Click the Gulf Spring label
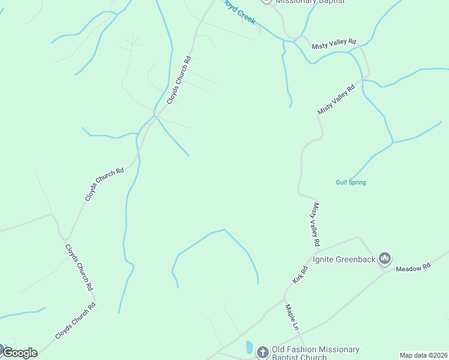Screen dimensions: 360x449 coord(351,182)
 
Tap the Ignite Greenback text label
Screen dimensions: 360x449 coord(344,260)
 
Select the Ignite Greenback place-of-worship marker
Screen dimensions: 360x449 coord(385,259)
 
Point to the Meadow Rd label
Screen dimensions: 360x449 coord(414,268)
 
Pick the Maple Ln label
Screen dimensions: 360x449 coord(291,317)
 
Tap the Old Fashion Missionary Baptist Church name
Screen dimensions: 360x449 coord(316,353)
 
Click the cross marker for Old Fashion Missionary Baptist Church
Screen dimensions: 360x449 coord(262,352)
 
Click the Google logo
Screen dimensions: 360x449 coord(20,353)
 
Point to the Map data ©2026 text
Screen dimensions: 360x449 coord(423,355)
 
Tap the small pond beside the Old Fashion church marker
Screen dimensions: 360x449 coord(249,347)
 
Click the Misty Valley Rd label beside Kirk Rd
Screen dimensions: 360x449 coord(315,225)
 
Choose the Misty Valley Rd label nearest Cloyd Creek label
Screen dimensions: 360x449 coord(334,46)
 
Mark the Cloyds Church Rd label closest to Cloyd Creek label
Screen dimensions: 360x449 coord(179,80)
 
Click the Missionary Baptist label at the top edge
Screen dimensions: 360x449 coord(310,2)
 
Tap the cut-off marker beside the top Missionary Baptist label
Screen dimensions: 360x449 coord(266,2)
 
